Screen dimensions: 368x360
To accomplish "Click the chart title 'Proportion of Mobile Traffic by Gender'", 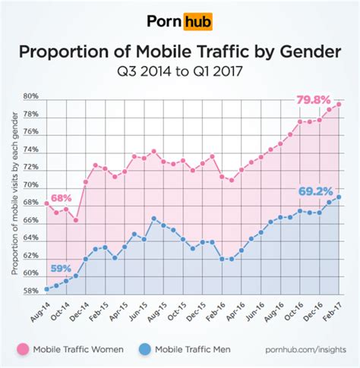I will [x=180, y=52].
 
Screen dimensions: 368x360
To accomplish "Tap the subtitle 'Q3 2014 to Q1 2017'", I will [x=180, y=74].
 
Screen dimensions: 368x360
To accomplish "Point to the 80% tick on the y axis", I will [x=31, y=97].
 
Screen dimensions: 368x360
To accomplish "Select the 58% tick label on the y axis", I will [x=31, y=291].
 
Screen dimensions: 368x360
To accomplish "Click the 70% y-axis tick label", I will [x=31, y=185].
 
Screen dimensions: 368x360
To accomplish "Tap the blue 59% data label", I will [x=62, y=268].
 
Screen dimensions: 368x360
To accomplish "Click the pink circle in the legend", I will [x=23, y=350].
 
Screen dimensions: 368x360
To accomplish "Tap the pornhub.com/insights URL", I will [x=304, y=350].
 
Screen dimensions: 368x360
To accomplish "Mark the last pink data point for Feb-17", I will [x=338, y=105].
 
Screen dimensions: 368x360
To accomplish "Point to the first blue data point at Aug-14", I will [x=47, y=288].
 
